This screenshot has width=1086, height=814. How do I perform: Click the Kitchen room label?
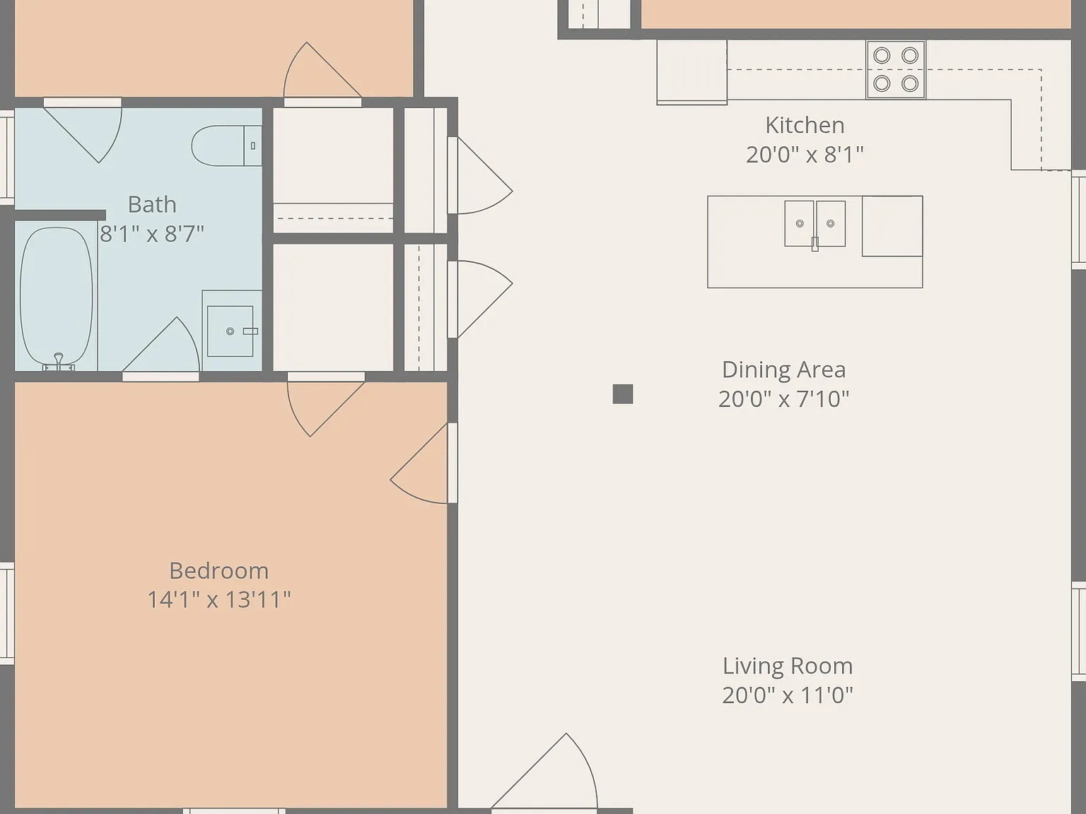pos(805,126)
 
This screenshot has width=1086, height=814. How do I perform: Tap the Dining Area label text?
pos(783,370)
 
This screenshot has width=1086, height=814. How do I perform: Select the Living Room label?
pos(788,666)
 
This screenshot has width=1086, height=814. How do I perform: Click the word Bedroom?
pos(218,572)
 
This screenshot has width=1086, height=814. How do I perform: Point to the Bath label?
pos(152,205)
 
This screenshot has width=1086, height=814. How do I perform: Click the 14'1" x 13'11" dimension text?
pos(218,600)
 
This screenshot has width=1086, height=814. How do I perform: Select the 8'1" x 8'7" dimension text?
pos(152,234)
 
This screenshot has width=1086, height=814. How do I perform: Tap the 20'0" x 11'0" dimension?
pos(788,695)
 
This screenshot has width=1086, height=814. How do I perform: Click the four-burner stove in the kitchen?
pos(896,70)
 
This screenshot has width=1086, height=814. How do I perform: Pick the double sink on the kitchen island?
pos(815,224)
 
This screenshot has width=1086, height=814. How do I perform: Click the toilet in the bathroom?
pos(226,146)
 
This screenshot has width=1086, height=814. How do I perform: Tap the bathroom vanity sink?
pos(231,330)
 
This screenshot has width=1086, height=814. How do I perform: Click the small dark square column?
pos(622,394)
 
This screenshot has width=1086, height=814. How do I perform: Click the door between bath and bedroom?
pos(160,346)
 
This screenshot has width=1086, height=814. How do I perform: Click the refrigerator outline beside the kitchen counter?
pos(691,73)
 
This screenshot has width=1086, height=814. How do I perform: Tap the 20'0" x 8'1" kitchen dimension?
pos(805,155)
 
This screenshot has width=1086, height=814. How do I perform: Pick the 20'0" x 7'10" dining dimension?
pos(783,399)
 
